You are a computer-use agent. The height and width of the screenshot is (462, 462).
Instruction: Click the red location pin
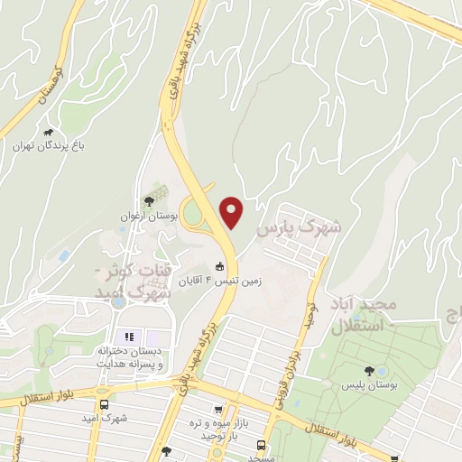tap(233, 212)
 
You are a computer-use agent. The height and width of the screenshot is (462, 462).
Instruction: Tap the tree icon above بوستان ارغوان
tap(149, 200)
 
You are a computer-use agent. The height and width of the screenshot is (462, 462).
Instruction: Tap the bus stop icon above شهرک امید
tap(104, 404)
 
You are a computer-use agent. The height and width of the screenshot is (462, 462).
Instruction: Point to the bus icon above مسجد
tap(262, 445)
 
